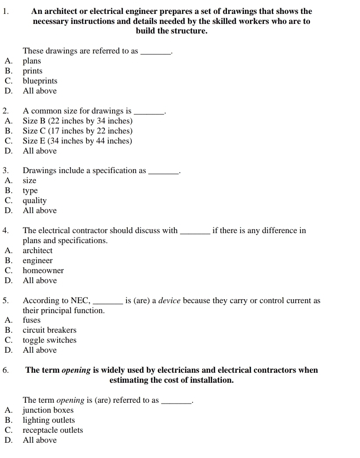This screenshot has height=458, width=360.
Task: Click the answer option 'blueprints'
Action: (x=40, y=81)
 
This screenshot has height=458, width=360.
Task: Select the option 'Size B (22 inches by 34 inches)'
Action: (x=77, y=121)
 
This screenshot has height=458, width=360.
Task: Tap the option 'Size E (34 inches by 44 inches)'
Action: (x=77, y=141)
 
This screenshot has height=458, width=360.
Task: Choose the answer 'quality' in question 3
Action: (x=34, y=201)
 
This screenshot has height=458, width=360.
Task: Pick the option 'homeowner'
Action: (x=43, y=271)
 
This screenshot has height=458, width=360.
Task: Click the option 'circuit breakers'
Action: (x=49, y=330)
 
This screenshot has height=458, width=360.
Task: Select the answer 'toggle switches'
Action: (x=49, y=340)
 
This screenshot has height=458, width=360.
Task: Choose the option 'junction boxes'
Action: (x=48, y=410)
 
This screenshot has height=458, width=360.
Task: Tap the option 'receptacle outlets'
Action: (x=53, y=430)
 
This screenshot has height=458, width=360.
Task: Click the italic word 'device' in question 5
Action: (x=169, y=301)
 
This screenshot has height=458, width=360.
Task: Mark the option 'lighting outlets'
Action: (x=49, y=420)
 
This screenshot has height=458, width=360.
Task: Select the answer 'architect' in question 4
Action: (x=37, y=251)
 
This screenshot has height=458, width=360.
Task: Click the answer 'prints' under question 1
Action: (x=33, y=71)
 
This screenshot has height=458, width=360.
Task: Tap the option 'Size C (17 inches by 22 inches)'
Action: (x=77, y=131)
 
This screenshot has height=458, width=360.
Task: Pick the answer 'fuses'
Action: (x=31, y=320)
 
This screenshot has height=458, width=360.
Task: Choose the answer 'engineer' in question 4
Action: (x=37, y=261)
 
